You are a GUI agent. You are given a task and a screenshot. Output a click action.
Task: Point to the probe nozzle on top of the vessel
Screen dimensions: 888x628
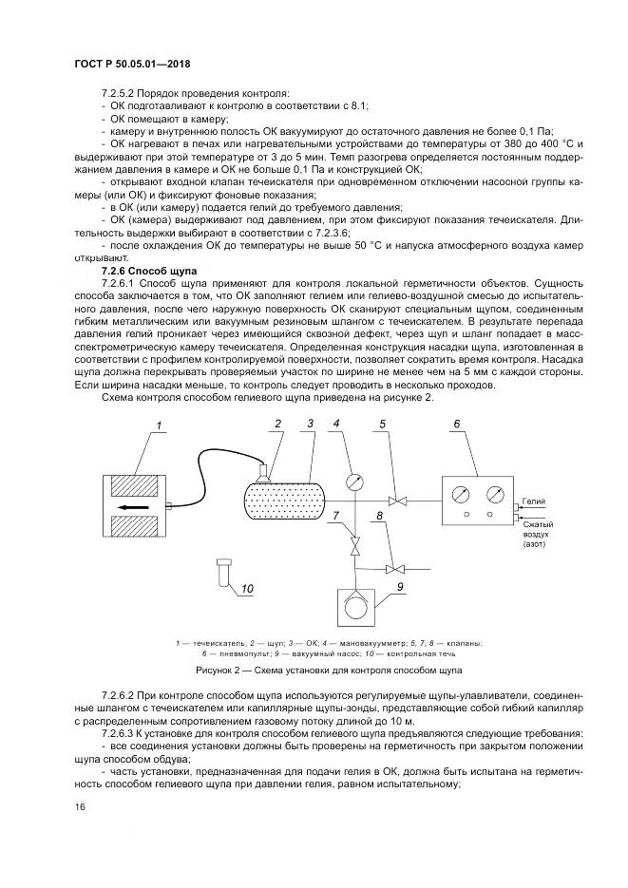263,471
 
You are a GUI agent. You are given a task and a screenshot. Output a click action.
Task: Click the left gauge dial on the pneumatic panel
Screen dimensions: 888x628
461,495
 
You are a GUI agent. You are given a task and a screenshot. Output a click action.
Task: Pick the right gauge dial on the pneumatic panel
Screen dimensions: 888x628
493,495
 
